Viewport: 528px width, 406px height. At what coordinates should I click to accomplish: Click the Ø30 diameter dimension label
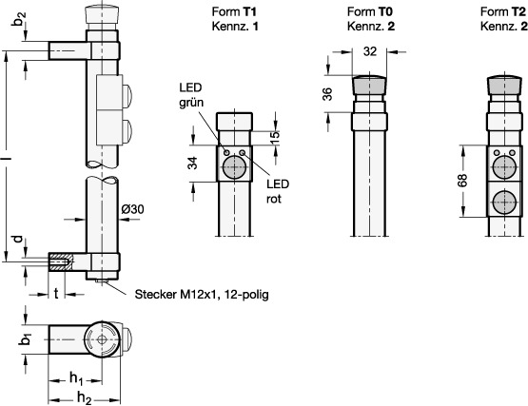tap(132, 209)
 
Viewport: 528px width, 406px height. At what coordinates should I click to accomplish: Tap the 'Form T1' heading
tap(234, 11)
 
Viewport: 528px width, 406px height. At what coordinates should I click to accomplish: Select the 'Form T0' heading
tap(370, 11)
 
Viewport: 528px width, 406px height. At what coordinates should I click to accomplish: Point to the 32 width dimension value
tap(370, 51)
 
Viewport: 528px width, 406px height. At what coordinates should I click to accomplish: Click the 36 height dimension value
tap(327, 94)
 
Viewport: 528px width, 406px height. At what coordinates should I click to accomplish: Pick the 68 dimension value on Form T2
tap(462, 181)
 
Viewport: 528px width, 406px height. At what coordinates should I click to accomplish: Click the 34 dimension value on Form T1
tap(192, 164)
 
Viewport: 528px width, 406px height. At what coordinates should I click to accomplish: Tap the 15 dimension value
tap(275, 137)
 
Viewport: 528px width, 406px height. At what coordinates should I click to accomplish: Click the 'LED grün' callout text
tap(191, 95)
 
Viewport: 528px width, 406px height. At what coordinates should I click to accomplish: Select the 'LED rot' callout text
tap(278, 191)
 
